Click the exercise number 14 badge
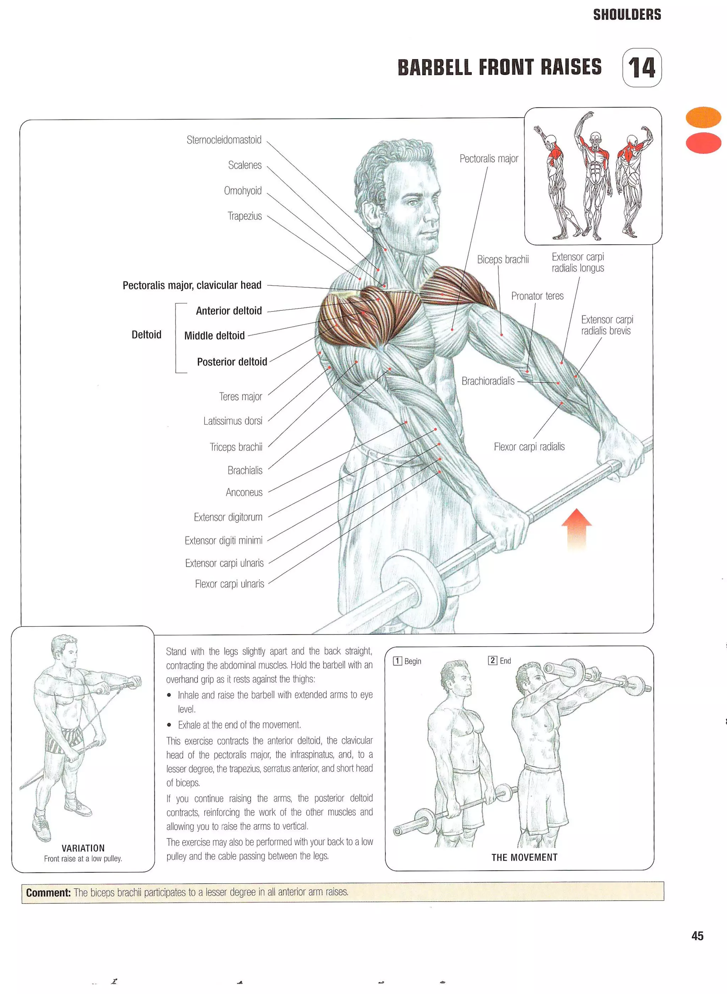tap(641, 68)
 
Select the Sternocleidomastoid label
tap(224, 140)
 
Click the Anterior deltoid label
tap(229, 311)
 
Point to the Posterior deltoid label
tap(232, 362)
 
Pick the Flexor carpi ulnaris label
tap(229, 584)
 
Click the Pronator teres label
tap(537, 296)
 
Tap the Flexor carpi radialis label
tap(529, 447)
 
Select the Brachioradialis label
tap(488, 381)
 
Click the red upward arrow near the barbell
tap(576, 528)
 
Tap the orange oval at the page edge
tap(703, 117)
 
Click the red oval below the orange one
tap(703, 143)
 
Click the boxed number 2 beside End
tap(492, 661)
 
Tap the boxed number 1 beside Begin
tap(397, 661)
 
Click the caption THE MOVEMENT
tap(524, 857)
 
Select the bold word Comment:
tap(48, 893)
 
